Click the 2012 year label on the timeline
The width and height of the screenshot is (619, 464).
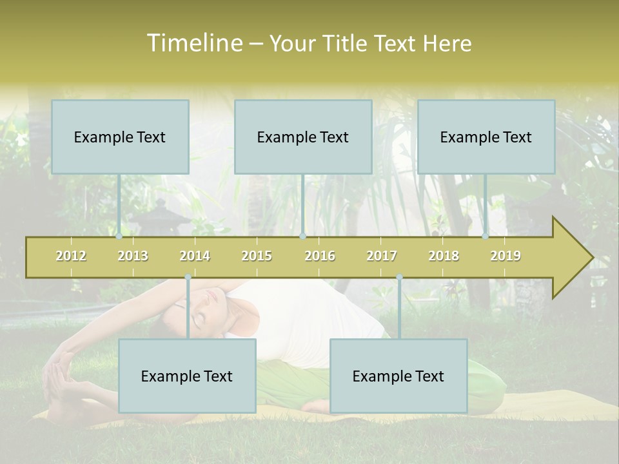point(71,256)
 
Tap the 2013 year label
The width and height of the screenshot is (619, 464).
point(133,256)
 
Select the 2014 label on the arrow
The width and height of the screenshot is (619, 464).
point(195,256)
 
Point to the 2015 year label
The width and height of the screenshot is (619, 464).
point(257,256)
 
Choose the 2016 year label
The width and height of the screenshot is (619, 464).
point(320,256)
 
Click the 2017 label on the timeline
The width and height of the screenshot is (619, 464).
point(382,256)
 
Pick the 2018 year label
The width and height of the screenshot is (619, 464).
point(444,256)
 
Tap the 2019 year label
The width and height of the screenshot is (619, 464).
point(506,256)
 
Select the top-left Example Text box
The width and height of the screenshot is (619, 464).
point(120,137)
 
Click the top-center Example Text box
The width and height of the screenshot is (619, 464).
point(303,137)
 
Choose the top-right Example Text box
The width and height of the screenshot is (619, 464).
point(486,137)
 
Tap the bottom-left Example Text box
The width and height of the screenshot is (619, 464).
point(187,376)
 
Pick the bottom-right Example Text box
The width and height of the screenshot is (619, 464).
point(398,376)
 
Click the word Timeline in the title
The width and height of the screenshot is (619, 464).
point(193,43)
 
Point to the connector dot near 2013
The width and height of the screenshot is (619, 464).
point(119,237)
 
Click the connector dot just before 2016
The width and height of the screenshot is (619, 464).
point(303,237)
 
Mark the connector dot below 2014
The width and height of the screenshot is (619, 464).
point(188,277)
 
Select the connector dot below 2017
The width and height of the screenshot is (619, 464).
point(399,277)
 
